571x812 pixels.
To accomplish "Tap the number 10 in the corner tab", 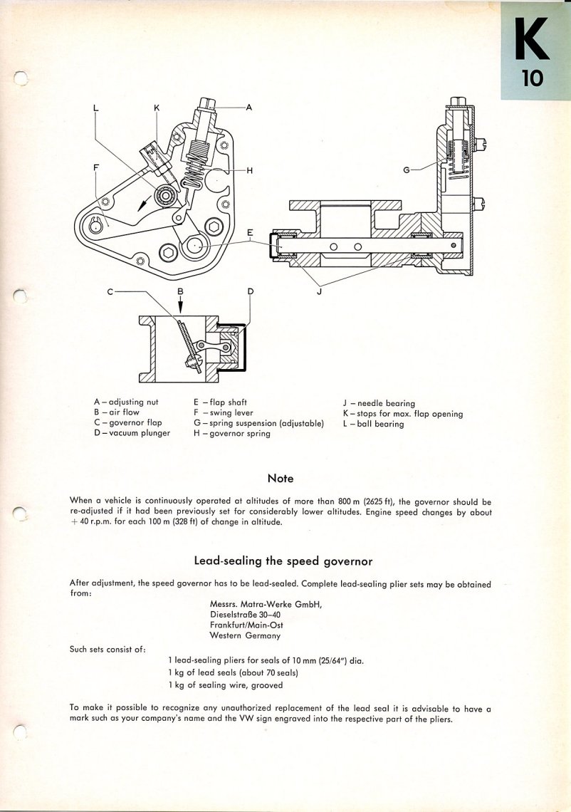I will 533,78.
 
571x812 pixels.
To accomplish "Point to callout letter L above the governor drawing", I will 97,109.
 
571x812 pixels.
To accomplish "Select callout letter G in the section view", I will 406,170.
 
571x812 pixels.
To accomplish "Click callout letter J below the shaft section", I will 319,291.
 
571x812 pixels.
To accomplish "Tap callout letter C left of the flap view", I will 110,291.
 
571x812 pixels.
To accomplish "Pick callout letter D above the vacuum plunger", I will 250,291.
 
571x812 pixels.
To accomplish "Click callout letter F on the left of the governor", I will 96,169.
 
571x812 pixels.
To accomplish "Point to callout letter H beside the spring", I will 250,171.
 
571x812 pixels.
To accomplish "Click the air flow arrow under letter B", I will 180,305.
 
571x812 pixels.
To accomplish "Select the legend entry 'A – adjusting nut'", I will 126,402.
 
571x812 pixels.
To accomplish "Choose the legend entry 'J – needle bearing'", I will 379,403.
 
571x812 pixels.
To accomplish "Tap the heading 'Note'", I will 281,478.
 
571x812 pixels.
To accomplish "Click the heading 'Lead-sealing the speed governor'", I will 283,561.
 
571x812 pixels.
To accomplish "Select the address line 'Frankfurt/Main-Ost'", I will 246,625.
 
